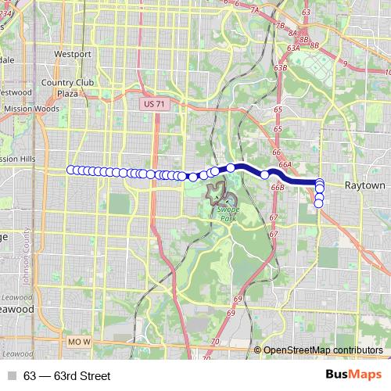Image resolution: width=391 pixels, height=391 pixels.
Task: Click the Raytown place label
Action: click(x=365, y=186)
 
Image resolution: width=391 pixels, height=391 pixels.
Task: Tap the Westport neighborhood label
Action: click(x=73, y=54)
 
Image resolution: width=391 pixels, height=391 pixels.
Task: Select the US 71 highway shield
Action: click(x=155, y=103)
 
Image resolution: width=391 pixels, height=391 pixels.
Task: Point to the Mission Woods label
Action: click(x=31, y=109)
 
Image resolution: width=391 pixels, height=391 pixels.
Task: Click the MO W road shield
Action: click(x=79, y=343)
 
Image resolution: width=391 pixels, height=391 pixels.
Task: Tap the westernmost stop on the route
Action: click(x=71, y=170)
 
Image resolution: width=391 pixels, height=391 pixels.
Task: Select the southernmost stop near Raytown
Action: click(x=319, y=203)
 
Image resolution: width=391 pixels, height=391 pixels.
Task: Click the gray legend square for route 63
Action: click(x=11, y=376)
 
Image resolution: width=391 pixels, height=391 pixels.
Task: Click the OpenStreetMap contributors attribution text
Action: click(x=323, y=350)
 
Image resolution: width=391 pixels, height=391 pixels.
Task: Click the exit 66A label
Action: click(x=285, y=165)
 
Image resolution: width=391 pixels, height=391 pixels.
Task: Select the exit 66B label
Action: click(x=277, y=188)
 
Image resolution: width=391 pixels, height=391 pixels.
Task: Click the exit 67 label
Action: click(x=274, y=217)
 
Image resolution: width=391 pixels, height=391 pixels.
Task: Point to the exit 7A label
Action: click(x=253, y=9)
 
